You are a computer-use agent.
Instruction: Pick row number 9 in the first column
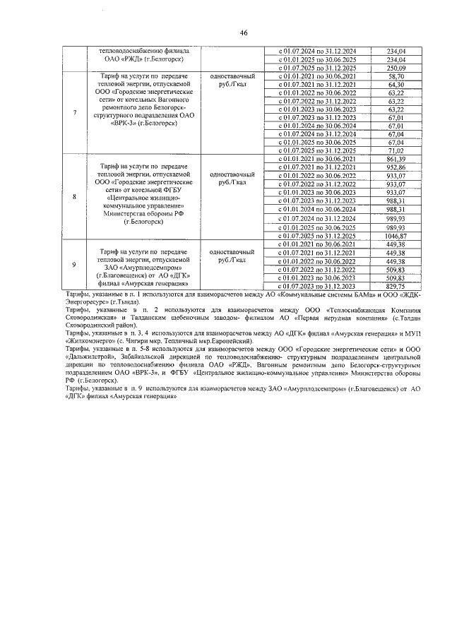[76, 265]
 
